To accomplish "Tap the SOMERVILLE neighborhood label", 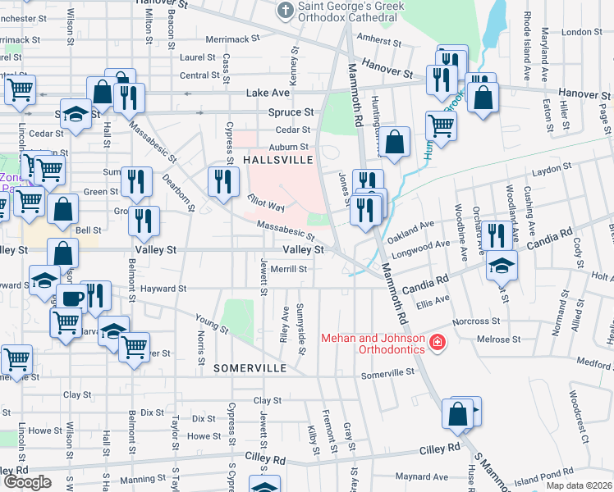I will click(248, 368).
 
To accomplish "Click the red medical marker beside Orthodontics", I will click(438, 342).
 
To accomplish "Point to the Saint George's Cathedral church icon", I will click(285, 10).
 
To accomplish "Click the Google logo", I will click(27, 482).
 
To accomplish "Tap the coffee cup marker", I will click(71, 298).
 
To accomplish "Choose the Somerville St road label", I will click(388, 372).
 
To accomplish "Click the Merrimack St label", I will click(232, 39).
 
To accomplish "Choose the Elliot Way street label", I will click(265, 203).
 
